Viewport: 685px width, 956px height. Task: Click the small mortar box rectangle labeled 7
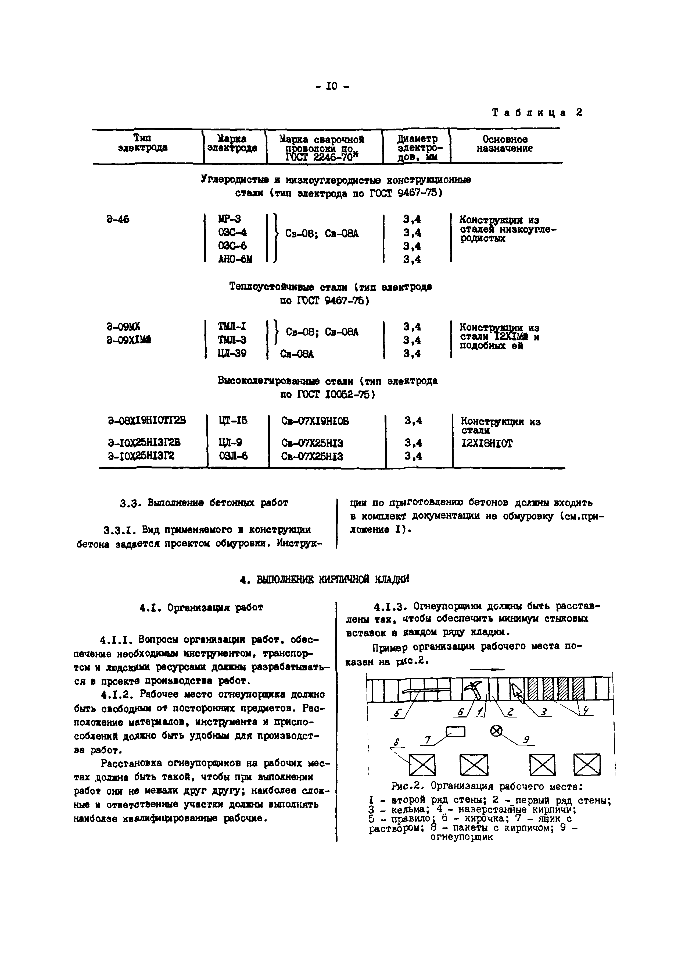456,732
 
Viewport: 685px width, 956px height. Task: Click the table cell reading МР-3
229,219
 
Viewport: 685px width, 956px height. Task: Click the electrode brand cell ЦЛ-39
232,353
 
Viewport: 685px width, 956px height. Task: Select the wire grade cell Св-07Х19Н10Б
315,421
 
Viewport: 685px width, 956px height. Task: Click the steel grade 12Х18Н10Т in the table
487,443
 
